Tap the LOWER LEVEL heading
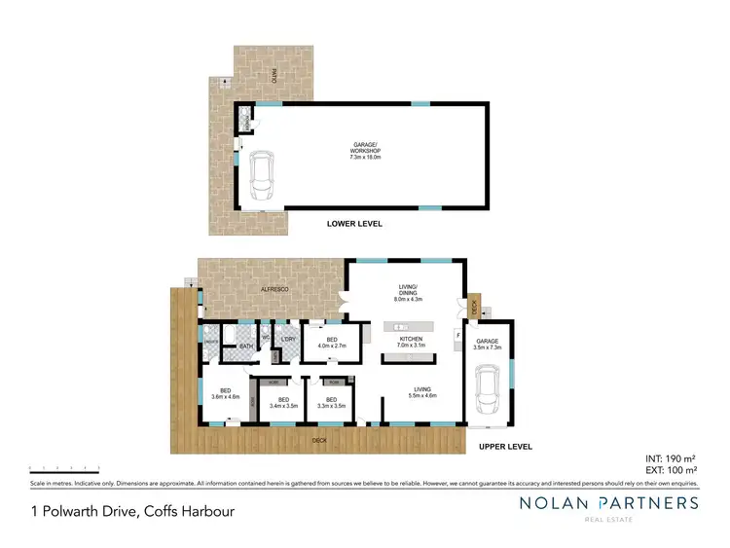click(354, 224)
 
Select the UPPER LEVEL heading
click(506, 446)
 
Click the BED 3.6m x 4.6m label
click(225, 393)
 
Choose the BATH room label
click(246, 345)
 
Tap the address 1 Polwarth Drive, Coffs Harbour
click(131, 510)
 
